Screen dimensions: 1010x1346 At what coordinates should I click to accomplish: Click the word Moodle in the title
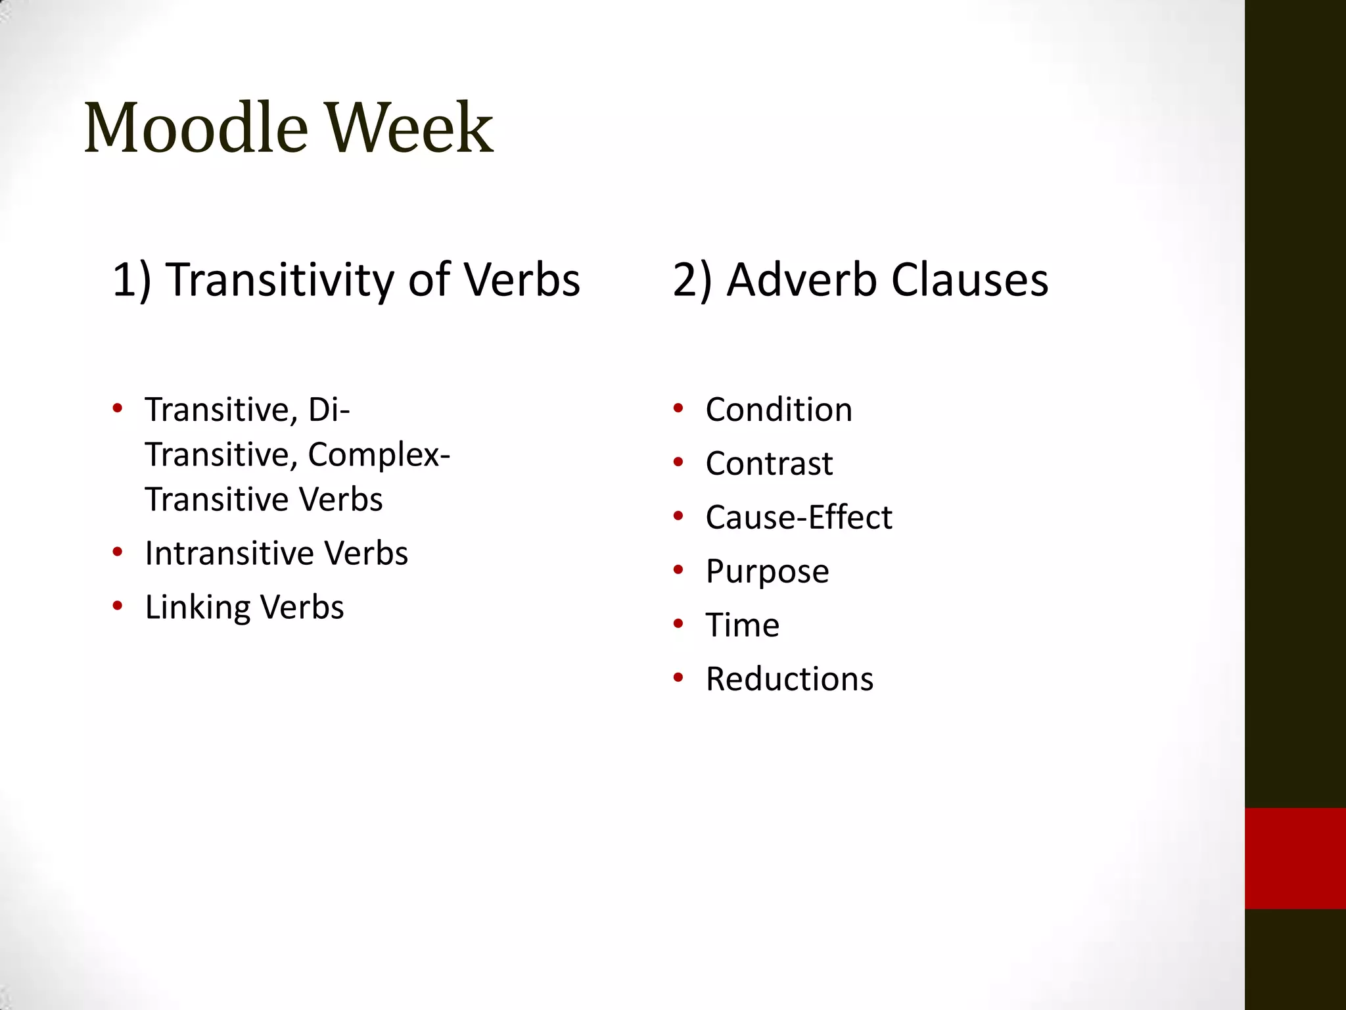coord(196,128)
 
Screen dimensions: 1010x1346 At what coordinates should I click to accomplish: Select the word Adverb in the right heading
coord(802,279)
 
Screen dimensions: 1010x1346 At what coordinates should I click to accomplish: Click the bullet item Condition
coord(779,410)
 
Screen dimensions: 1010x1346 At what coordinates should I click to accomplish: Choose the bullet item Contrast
coord(769,464)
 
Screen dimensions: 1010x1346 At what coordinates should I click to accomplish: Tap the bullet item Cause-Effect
coord(799,517)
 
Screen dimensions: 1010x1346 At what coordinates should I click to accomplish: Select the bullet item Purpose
coord(767,571)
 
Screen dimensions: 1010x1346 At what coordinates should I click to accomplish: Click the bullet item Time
coord(743,625)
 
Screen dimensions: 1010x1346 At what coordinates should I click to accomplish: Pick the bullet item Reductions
coord(789,679)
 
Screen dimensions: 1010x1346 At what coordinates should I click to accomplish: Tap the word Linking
coord(197,608)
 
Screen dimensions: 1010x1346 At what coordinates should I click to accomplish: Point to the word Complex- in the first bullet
coord(379,454)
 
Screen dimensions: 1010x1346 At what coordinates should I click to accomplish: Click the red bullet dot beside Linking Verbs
coord(118,606)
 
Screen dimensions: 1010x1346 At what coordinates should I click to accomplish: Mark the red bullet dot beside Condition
coord(678,408)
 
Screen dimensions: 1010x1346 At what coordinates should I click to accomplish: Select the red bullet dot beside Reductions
coord(678,677)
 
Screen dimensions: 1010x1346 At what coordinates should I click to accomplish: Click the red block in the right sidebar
coord(1295,858)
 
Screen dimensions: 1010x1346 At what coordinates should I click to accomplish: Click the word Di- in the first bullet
coord(329,410)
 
